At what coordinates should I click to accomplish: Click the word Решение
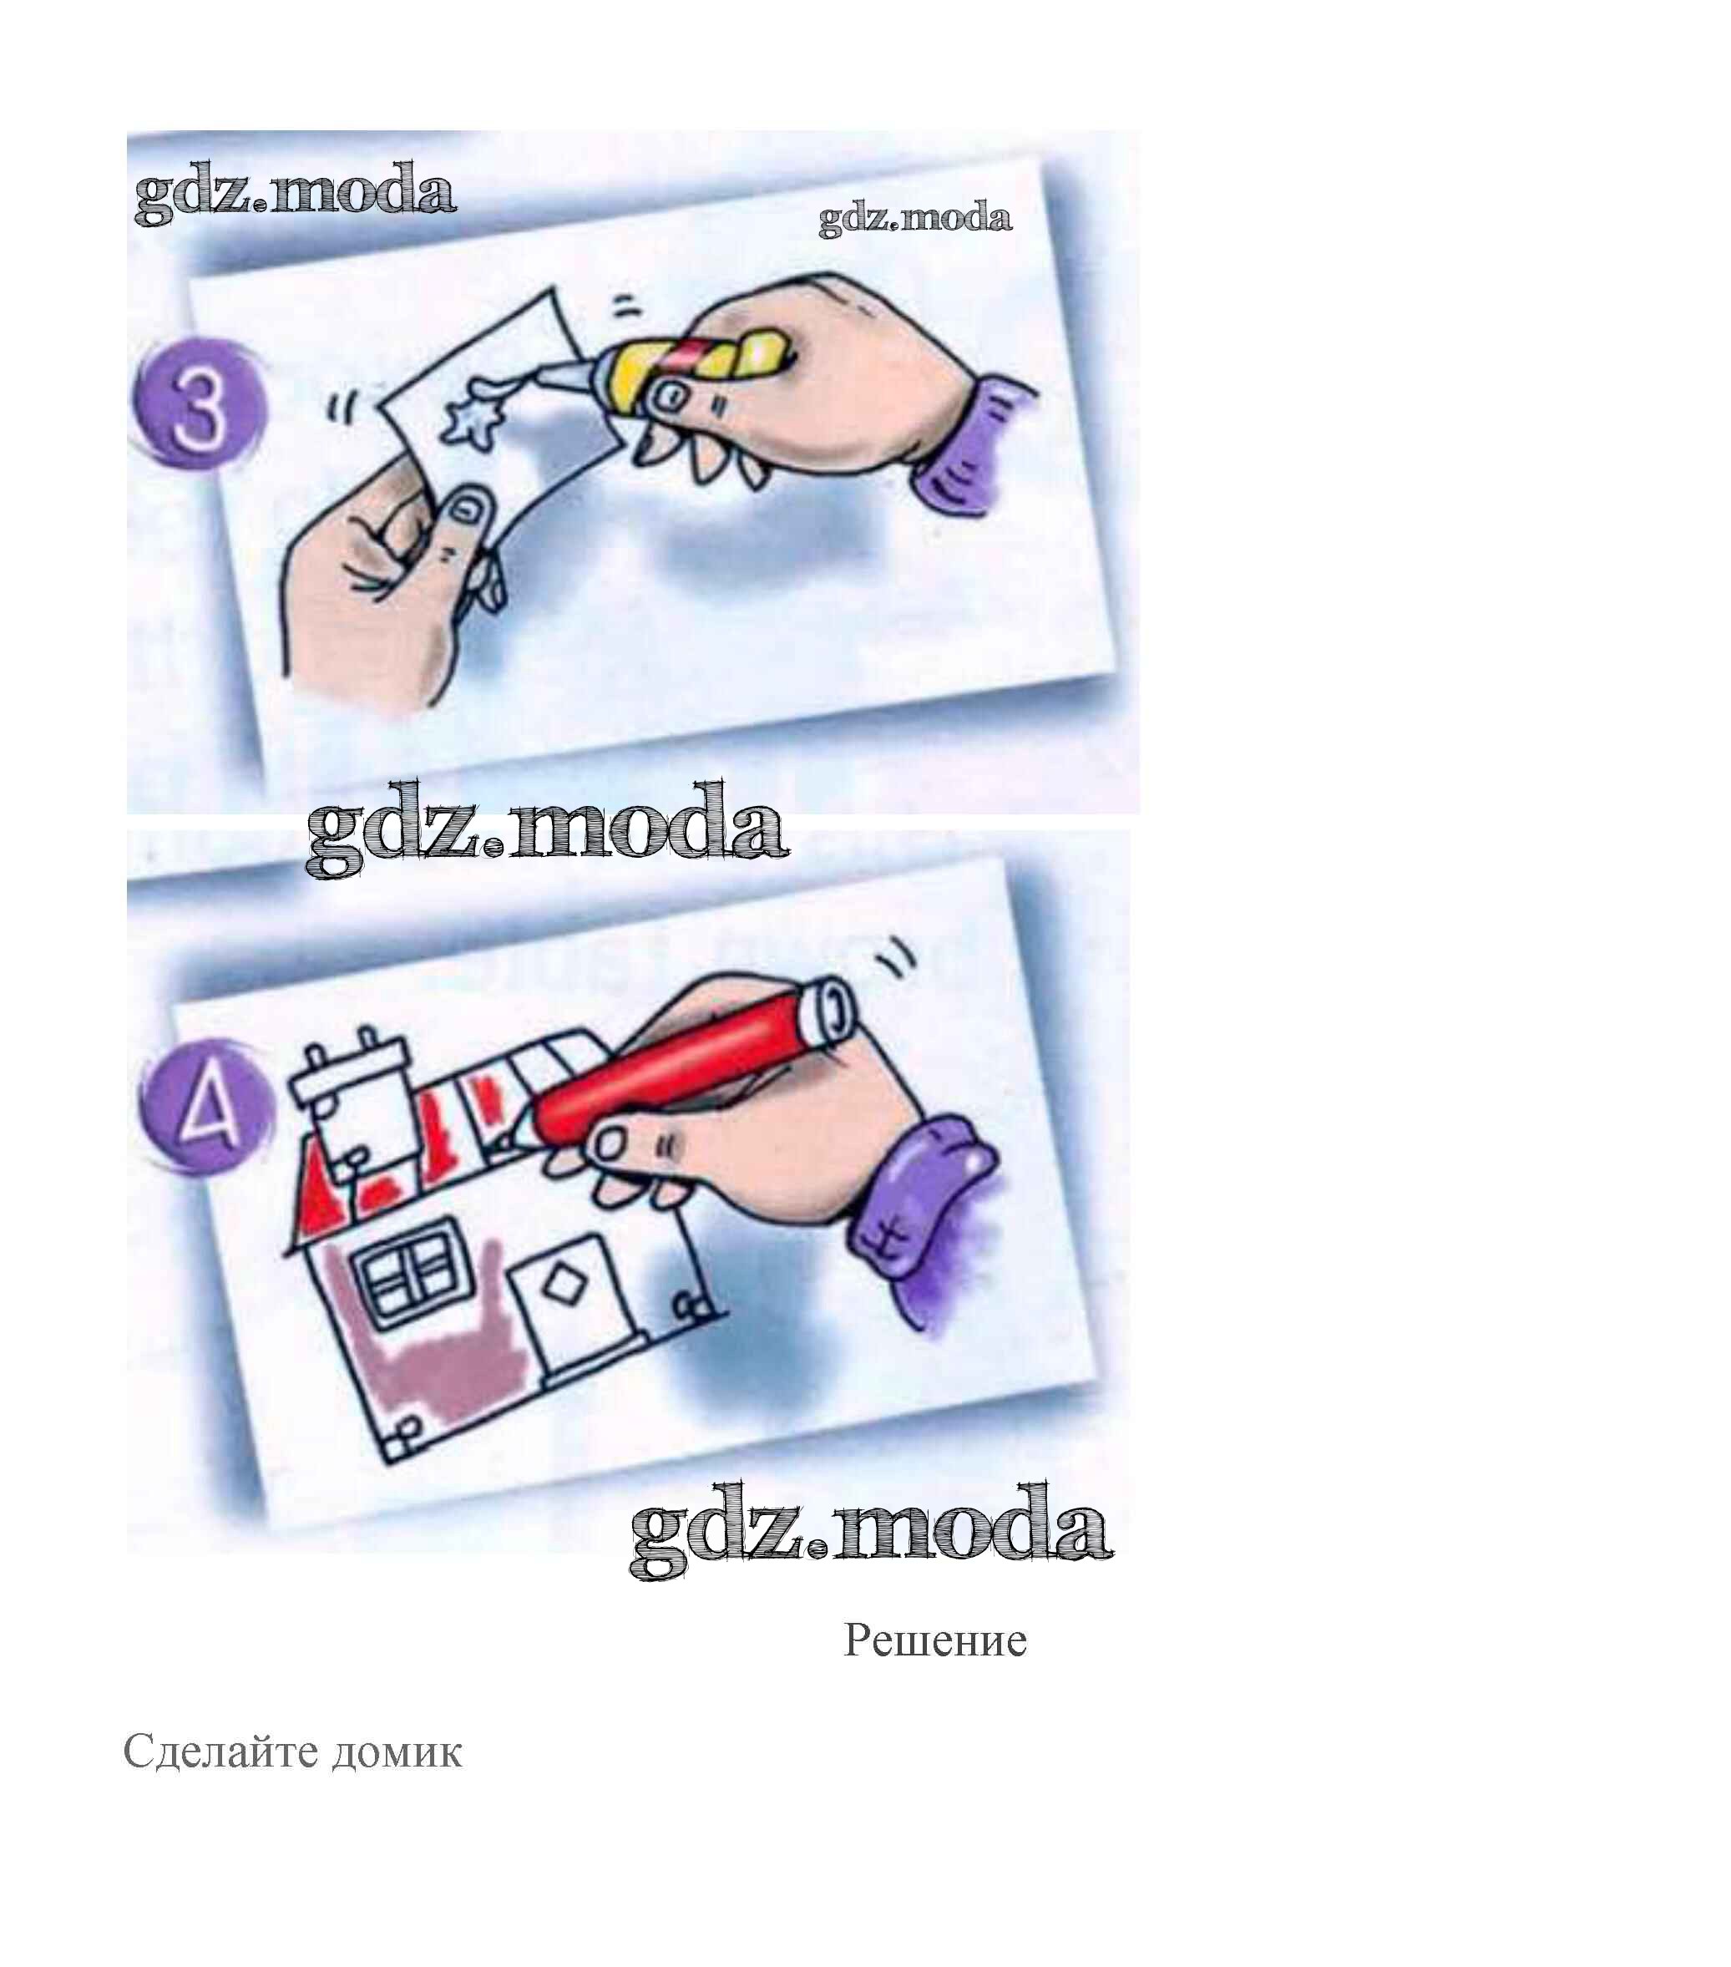pos(934,1640)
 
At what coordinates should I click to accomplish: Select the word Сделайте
pos(220,1752)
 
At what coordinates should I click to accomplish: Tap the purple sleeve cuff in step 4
pos(923,1217)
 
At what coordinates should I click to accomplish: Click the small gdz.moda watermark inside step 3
pos(914,219)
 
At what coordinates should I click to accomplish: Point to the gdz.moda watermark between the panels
pos(547,829)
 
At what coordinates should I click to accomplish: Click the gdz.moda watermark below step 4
pos(871,1531)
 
